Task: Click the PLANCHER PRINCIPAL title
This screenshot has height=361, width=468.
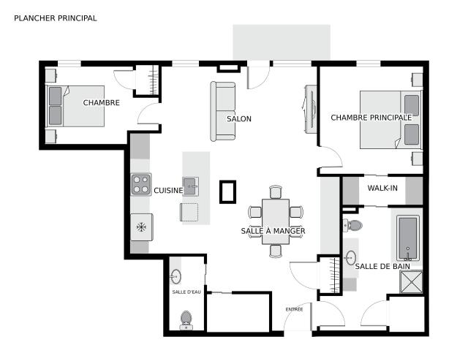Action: (x=56, y=18)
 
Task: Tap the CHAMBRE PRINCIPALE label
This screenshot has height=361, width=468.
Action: (x=371, y=118)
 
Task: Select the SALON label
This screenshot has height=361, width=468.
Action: (x=239, y=118)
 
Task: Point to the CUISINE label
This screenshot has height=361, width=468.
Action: (x=168, y=190)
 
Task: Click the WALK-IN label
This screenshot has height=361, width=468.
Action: (x=382, y=188)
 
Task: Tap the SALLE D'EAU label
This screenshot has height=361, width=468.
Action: (x=186, y=292)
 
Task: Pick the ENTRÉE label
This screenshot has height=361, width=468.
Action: (x=294, y=309)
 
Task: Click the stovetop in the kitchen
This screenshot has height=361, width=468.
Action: (x=141, y=184)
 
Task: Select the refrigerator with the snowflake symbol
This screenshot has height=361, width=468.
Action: (x=142, y=227)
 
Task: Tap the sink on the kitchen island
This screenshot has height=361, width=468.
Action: (x=190, y=186)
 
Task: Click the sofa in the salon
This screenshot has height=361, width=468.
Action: (x=222, y=111)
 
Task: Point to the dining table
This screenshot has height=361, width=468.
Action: (x=276, y=221)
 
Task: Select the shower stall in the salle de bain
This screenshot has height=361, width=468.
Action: (x=411, y=281)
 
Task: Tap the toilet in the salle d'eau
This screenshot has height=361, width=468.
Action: (x=186, y=320)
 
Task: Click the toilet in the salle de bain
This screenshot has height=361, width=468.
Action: (x=352, y=226)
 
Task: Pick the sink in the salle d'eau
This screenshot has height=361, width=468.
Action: (x=175, y=276)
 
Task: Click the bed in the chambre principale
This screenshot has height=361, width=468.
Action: (x=390, y=120)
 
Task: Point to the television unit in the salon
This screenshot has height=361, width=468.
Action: (x=310, y=109)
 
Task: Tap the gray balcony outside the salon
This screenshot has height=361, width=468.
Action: (x=282, y=42)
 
